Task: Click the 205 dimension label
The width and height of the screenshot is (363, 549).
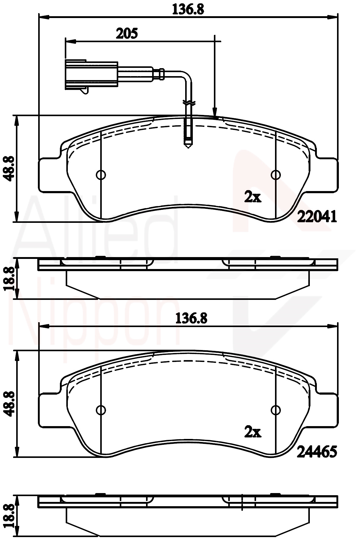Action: [127, 33]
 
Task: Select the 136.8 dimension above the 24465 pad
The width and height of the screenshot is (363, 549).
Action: [192, 319]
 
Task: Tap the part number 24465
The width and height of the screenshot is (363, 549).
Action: [317, 451]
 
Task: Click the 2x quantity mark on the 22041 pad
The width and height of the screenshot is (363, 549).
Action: [253, 197]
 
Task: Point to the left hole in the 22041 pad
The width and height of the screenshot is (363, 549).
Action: [101, 175]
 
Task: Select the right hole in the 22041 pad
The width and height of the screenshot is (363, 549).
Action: [276, 175]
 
